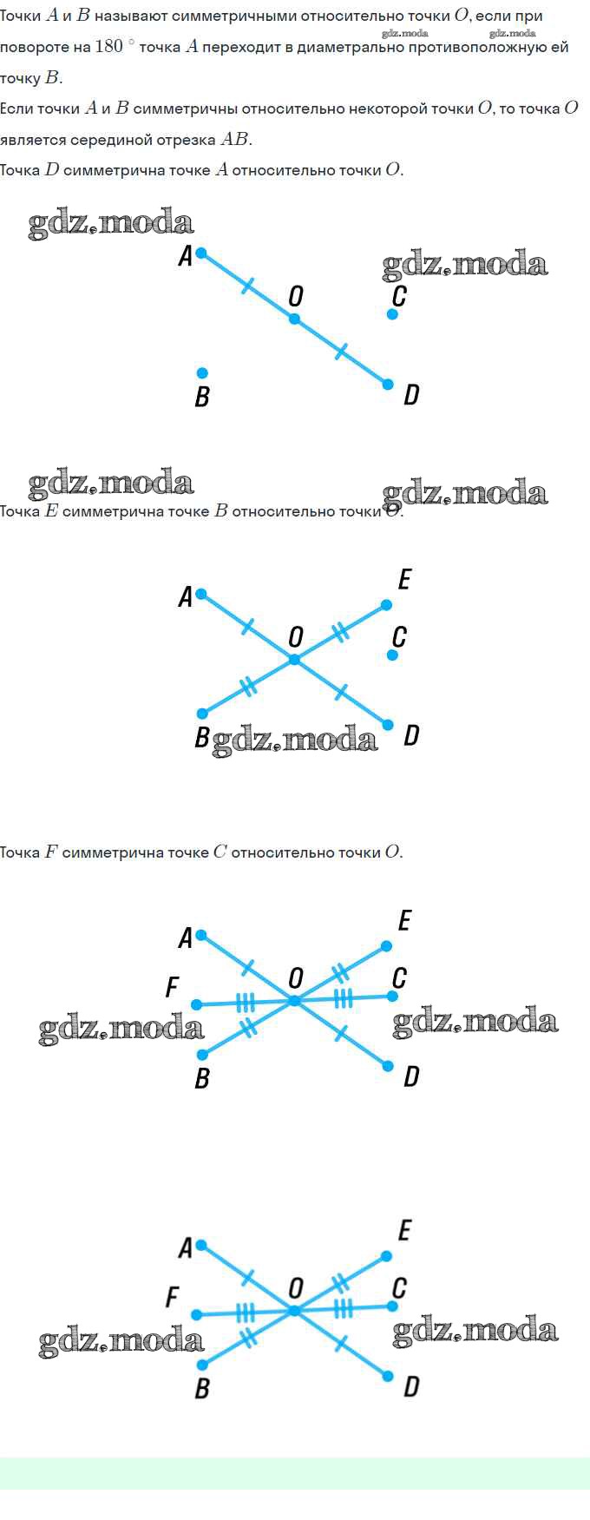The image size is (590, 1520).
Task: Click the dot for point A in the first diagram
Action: [x=201, y=253]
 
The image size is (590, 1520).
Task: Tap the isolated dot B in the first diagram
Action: [x=202, y=372]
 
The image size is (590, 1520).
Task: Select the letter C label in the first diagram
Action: [x=399, y=296]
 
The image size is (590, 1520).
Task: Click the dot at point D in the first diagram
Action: [x=388, y=385]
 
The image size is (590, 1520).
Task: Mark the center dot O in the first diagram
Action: [x=294, y=319]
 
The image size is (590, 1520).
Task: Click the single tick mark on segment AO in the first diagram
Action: [x=248, y=286]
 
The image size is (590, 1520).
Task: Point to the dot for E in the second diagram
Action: [x=386, y=605]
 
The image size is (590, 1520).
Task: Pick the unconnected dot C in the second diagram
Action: [x=392, y=655]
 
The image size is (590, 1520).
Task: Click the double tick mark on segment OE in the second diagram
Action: [x=341, y=633]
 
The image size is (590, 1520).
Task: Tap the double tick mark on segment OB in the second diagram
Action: [x=248, y=686]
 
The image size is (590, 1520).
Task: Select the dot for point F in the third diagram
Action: [x=196, y=1004]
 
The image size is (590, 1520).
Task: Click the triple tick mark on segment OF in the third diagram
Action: [x=246, y=1003]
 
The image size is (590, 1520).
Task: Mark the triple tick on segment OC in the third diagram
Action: [x=344, y=998]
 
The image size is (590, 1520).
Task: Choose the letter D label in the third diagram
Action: [x=411, y=1077]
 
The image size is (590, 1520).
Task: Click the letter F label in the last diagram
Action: [x=172, y=1297]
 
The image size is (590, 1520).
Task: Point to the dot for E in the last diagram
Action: [x=386, y=1256]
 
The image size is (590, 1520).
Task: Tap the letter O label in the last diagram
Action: [x=296, y=1288]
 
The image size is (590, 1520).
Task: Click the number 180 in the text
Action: [x=108, y=46]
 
